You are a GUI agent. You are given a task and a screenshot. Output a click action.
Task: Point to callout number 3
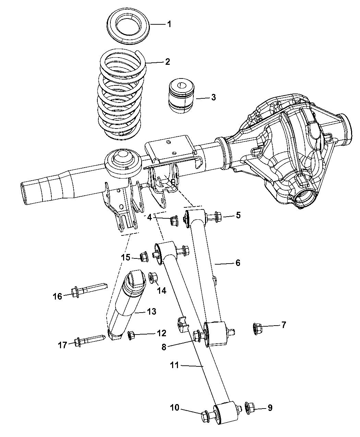(x=213, y=97)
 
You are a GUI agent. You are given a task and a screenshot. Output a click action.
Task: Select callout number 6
(x=238, y=263)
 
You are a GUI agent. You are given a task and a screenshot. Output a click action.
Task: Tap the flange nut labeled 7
(x=258, y=328)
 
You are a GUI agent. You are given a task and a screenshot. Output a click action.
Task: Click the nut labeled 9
(x=251, y=408)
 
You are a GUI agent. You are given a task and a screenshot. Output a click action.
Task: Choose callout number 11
(x=175, y=365)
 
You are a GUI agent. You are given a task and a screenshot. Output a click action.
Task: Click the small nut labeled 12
(x=131, y=335)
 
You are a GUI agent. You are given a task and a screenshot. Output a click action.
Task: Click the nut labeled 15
(x=144, y=256)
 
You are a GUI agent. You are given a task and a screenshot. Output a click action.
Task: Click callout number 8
(x=164, y=347)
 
